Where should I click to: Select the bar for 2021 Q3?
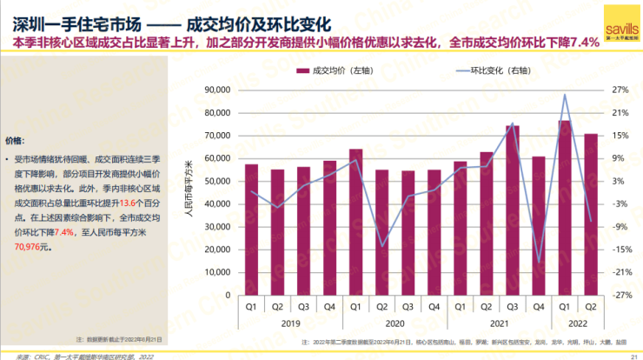point(513,210)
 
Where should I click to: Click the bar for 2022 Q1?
point(565,208)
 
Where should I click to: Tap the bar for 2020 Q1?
point(355,223)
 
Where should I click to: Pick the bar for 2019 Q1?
point(251,230)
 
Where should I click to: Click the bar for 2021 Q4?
point(539,226)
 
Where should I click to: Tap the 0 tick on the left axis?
point(225,295)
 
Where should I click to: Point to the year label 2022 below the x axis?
point(578,322)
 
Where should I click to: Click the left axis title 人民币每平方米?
point(189,192)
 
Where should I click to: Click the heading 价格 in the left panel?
point(15,140)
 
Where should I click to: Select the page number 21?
point(632,356)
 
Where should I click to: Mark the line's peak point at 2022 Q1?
point(565,95)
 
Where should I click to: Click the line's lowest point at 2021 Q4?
point(539,262)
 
